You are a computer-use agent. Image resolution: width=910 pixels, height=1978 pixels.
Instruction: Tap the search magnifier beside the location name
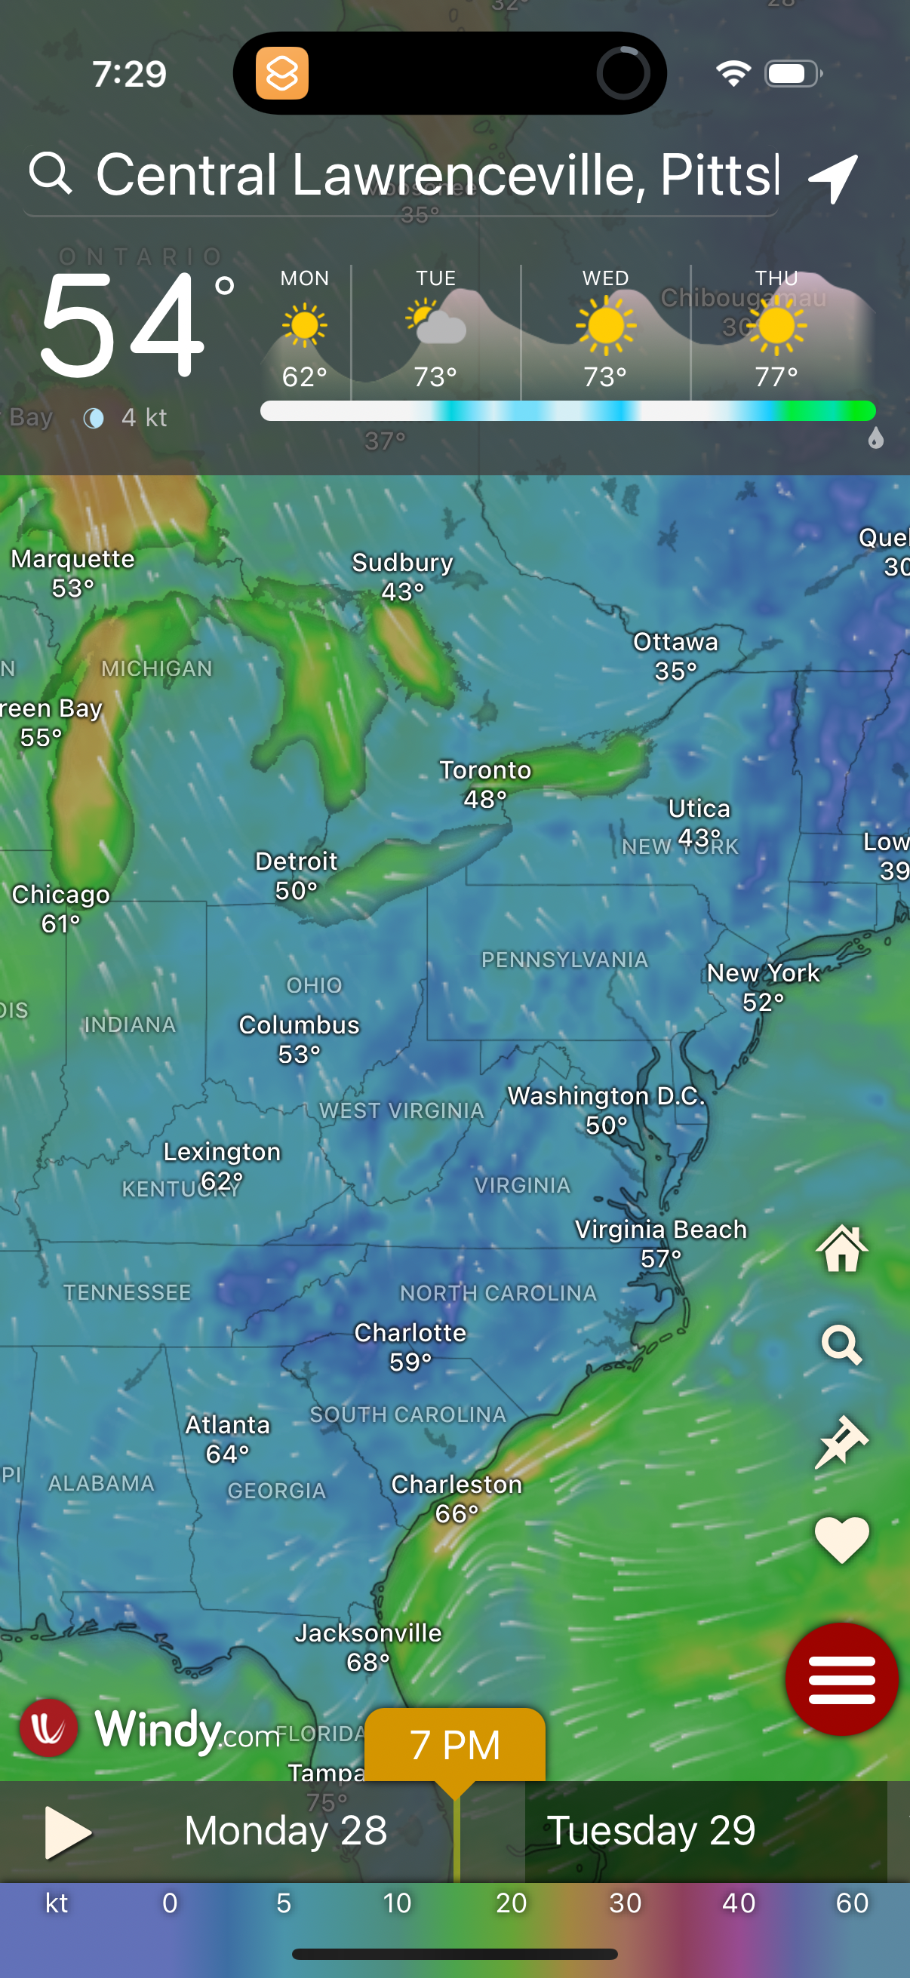[51, 173]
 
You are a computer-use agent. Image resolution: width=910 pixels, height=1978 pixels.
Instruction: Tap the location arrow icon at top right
[834, 178]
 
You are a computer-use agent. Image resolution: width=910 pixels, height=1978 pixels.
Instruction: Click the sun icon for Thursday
[776, 326]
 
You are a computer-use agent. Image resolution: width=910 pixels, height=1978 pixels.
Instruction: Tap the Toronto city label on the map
[484, 770]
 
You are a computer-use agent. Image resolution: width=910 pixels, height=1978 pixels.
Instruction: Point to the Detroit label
[297, 862]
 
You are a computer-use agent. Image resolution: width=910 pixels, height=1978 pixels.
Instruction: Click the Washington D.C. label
[606, 1097]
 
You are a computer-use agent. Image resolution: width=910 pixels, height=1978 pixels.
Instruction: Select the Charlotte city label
[410, 1333]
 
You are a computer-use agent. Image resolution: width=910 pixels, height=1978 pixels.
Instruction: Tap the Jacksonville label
[369, 1633]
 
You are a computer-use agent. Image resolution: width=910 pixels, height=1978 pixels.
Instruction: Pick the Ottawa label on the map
[676, 642]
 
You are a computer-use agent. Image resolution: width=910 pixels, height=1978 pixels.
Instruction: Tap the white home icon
[842, 1248]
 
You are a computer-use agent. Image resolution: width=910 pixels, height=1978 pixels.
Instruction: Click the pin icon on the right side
[841, 1442]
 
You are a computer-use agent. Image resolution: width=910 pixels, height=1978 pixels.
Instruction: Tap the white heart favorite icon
[841, 1540]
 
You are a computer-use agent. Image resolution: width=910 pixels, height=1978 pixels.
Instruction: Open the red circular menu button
[841, 1679]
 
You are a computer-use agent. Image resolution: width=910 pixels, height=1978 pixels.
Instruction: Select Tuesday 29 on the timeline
[650, 1831]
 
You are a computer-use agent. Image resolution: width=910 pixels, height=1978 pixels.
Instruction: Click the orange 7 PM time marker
[454, 1745]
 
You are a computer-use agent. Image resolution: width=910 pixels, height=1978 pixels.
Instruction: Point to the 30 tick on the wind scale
[625, 1903]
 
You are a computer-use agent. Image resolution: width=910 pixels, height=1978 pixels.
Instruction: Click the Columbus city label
[299, 1025]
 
